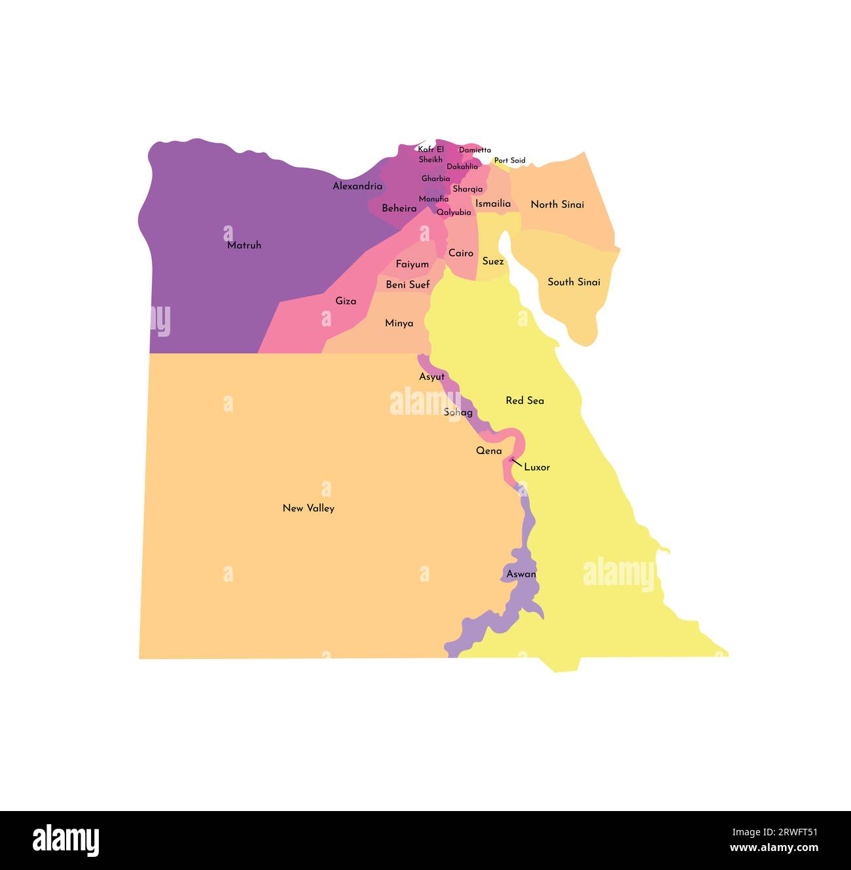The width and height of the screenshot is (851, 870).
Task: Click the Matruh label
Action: pos(244,245)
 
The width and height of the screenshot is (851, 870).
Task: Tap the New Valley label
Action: pos(308,508)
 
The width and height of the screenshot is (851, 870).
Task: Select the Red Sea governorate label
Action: pos(524,400)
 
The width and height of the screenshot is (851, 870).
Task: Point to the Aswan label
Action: pos(521,574)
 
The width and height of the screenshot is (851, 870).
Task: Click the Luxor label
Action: pos(537,467)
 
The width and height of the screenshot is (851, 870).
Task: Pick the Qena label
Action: pos(489,451)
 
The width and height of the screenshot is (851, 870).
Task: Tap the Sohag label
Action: pos(458,412)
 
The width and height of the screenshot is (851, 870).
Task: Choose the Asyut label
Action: pos(432,377)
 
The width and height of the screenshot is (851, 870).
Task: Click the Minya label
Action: pos(399,323)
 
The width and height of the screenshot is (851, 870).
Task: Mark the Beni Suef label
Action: pos(408,284)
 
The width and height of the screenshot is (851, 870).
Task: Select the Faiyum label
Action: pos(412,264)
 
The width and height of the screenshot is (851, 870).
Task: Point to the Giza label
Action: pos(346,301)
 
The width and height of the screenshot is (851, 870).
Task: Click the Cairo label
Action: pos(461,253)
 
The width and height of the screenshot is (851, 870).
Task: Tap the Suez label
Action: pos(493,261)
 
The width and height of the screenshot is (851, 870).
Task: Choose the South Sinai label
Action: pos(574,282)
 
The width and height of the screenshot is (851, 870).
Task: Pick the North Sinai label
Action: pos(557,204)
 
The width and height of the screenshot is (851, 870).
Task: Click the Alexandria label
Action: pos(357,186)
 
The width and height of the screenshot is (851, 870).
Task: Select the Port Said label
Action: pos(510,161)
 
